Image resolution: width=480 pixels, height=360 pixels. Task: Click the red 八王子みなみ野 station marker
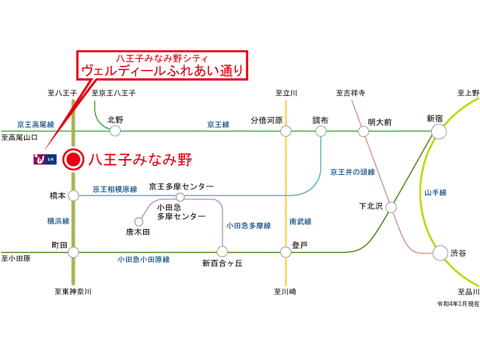(x=73, y=160)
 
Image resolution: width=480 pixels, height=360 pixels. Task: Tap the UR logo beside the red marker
(x=45, y=159)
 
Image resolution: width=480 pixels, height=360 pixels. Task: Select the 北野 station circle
(x=115, y=131)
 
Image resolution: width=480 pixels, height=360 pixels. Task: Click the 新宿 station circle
(x=439, y=132)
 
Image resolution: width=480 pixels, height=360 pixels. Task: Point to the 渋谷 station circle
(x=440, y=253)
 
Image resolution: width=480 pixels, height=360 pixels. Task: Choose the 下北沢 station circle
(x=391, y=207)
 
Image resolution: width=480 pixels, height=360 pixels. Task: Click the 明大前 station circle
(x=363, y=132)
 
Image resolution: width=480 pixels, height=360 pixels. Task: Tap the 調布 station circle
(x=321, y=132)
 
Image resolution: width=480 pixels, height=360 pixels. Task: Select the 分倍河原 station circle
(x=286, y=132)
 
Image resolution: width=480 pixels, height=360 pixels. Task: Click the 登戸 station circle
(x=286, y=252)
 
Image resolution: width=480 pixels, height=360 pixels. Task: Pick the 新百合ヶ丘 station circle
(x=222, y=252)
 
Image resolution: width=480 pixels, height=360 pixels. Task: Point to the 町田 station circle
(x=73, y=252)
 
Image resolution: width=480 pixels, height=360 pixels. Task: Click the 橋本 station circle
(x=73, y=195)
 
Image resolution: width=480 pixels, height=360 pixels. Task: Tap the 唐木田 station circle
(x=139, y=221)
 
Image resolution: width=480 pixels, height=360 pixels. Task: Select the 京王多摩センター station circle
(x=180, y=197)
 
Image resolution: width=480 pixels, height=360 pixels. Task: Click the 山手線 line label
(x=435, y=193)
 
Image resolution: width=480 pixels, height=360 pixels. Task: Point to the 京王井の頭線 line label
(x=352, y=172)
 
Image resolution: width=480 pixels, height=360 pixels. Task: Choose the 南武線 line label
(x=300, y=221)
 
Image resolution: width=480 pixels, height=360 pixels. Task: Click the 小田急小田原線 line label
(x=143, y=260)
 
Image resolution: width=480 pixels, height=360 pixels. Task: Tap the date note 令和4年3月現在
(x=458, y=304)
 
